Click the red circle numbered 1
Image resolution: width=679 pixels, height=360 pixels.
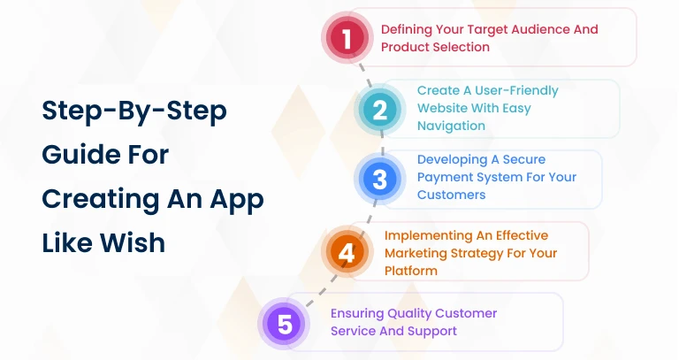coord(347,38)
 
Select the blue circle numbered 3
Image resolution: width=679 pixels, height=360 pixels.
coord(379,180)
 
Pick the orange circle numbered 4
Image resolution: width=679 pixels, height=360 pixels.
coord(347,253)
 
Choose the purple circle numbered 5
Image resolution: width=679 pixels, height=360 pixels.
coord(285,323)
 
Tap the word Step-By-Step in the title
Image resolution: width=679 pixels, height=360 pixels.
coord(134,112)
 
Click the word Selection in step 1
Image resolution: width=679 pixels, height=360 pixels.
coord(461,47)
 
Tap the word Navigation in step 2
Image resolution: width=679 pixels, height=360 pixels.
coord(451,126)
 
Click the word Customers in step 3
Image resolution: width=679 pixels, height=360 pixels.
coord(451,195)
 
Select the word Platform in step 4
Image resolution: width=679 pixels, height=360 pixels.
coord(411,271)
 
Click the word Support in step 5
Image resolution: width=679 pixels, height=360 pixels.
coord(432,331)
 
